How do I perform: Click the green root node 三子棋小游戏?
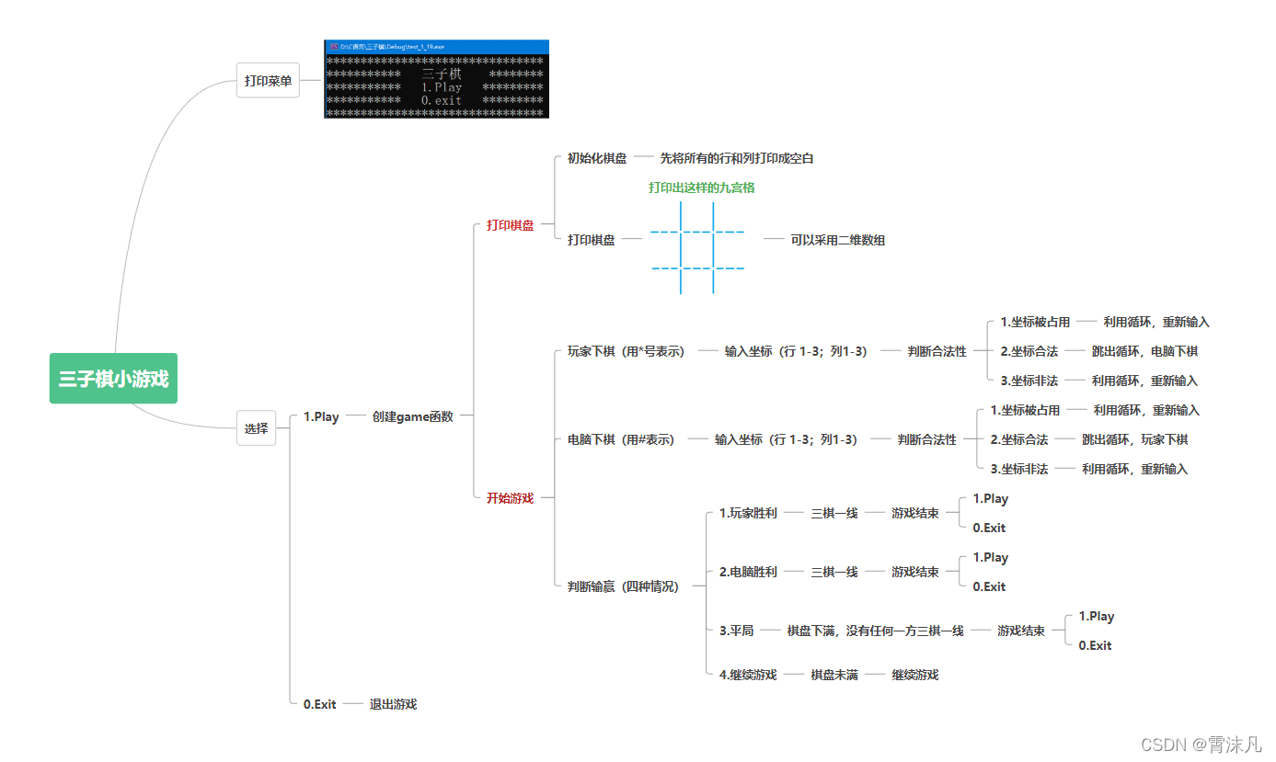click(x=113, y=379)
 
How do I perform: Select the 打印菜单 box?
click(x=268, y=81)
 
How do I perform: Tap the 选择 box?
click(x=257, y=428)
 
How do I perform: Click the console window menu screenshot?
click(x=436, y=79)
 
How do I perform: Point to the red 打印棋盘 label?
click(x=510, y=225)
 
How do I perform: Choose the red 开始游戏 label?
click(x=510, y=498)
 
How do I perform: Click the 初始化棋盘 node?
click(x=596, y=158)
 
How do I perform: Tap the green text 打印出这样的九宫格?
click(x=702, y=188)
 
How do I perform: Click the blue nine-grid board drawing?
click(x=697, y=248)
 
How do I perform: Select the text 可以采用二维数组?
click(x=837, y=240)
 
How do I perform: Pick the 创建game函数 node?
click(x=412, y=416)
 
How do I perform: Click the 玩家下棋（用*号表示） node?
click(x=626, y=351)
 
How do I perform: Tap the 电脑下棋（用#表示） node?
click(x=621, y=439)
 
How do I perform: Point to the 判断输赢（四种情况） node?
click(x=623, y=586)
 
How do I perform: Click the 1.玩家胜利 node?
click(x=747, y=513)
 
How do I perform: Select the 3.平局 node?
click(x=736, y=631)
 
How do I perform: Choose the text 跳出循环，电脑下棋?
click(x=1144, y=351)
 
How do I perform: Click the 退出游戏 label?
click(x=393, y=704)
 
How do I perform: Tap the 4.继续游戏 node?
click(x=747, y=675)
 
